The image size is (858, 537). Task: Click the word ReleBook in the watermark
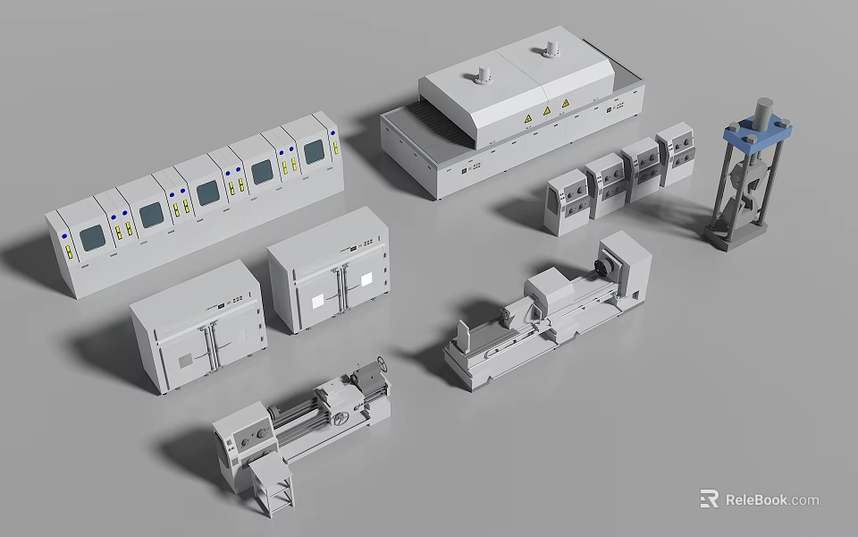click(756, 499)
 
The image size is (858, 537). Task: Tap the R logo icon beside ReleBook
click(709, 499)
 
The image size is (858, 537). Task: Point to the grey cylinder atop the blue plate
click(761, 112)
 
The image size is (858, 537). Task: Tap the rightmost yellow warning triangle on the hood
click(565, 106)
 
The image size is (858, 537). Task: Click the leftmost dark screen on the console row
click(92, 238)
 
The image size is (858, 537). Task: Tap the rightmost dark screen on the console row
click(314, 153)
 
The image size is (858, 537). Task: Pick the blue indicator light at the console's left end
click(64, 235)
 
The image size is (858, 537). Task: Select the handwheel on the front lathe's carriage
click(340, 417)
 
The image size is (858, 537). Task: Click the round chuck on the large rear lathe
click(609, 266)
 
